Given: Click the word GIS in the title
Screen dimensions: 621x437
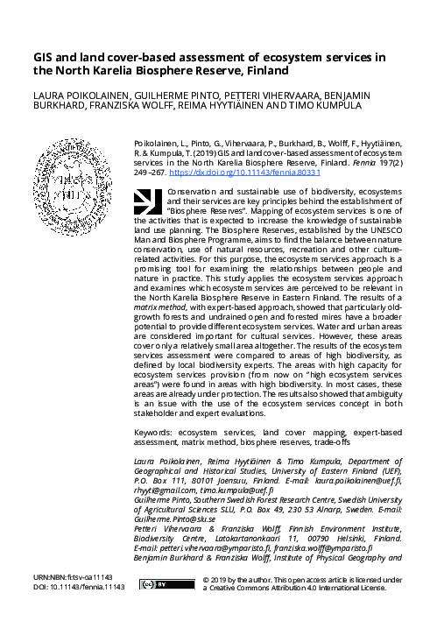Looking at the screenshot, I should coord(45,58).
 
